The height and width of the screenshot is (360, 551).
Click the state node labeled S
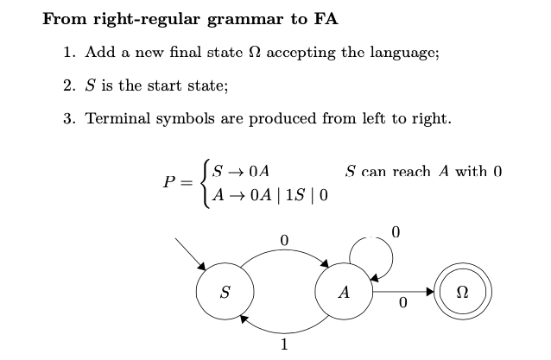pyautogui.click(x=225, y=293)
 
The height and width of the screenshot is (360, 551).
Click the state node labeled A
pyautogui.click(x=344, y=293)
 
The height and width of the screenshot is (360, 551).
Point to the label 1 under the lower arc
pyautogui.click(x=284, y=346)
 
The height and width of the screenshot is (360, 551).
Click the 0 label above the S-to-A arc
pyautogui.click(x=284, y=238)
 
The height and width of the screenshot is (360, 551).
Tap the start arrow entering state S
pyautogui.click(x=191, y=251)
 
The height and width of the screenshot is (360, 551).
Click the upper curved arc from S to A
pyautogui.click(x=284, y=251)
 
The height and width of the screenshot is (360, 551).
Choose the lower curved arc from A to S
pyautogui.click(x=284, y=332)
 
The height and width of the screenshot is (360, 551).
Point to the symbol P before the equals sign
pyautogui.click(x=169, y=183)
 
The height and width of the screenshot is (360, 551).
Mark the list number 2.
pyautogui.click(x=68, y=85)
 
